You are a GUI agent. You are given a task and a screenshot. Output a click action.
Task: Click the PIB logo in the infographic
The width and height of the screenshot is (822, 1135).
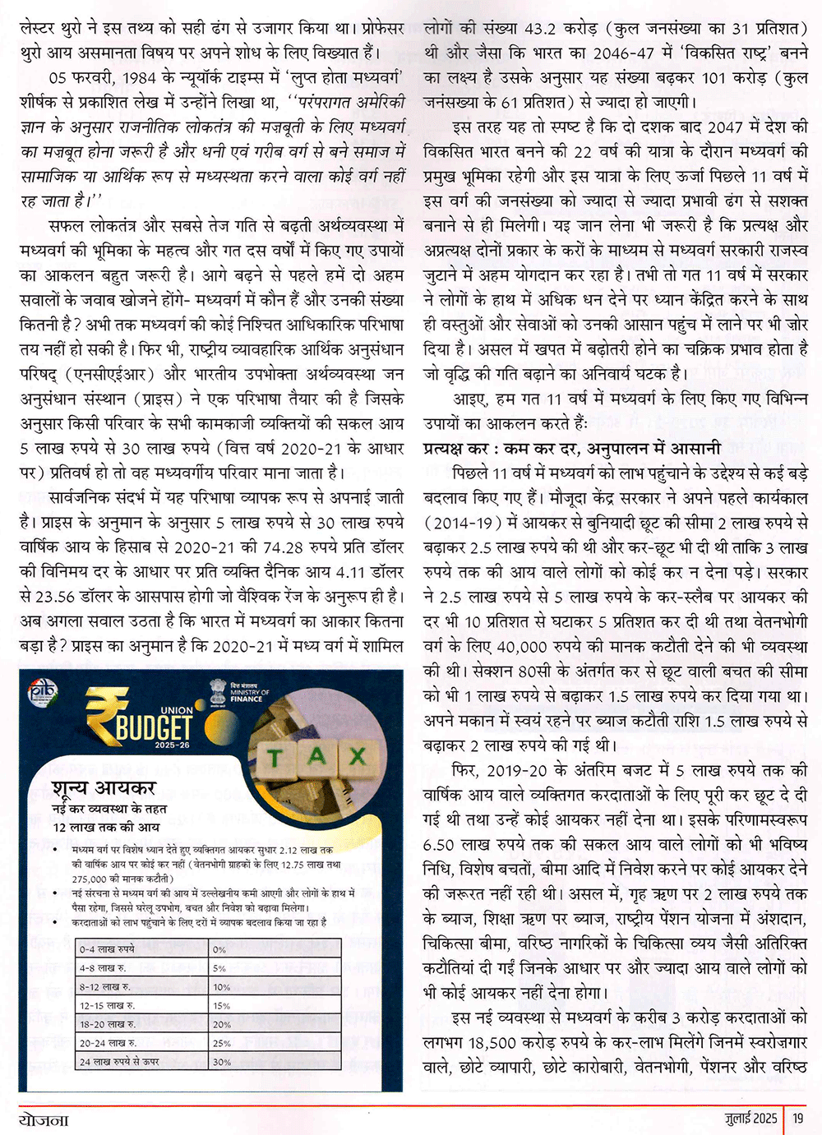(x=42, y=692)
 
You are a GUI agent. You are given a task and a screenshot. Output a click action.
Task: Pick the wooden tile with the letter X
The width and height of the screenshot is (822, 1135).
(x=357, y=754)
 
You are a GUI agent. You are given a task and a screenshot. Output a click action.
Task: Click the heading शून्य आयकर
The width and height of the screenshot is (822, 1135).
(x=104, y=788)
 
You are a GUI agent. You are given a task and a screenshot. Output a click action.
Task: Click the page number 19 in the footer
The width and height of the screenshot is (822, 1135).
(x=798, y=1118)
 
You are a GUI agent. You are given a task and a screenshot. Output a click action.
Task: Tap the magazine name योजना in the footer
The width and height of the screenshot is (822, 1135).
(x=44, y=1119)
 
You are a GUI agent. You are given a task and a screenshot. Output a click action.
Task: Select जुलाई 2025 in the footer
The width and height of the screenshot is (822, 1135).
(x=750, y=1118)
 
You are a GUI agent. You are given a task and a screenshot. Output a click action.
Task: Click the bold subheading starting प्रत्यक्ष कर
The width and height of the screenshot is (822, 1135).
(x=572, y=449)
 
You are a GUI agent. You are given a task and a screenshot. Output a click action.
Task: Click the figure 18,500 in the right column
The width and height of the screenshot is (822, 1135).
(x=492, y=1043)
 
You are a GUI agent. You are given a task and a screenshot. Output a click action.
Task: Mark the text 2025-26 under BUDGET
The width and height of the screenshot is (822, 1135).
(x=172, y=745)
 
